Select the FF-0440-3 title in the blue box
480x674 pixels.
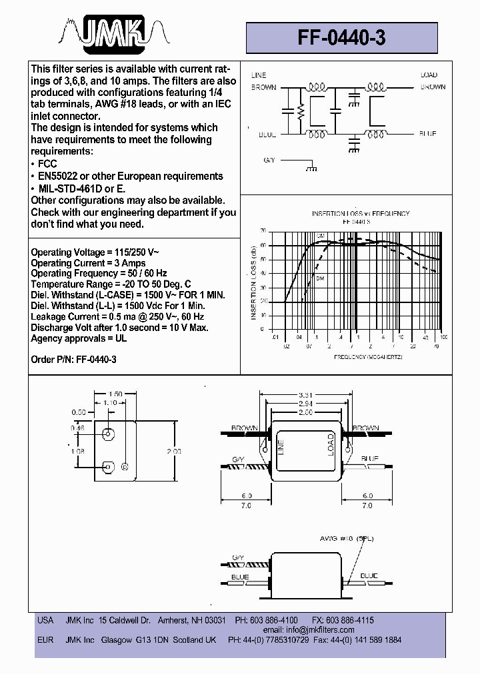pyautogui.click(x=341, y=38)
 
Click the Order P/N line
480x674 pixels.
pyautogui.click(x=74, y=360)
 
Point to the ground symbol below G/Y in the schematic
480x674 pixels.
pyautogui.click(x=311, y=170)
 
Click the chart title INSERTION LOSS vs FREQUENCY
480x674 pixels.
pyautogui.click(x=361, y=214)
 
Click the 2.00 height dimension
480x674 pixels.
pyautogui.click(x=173, y=451)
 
